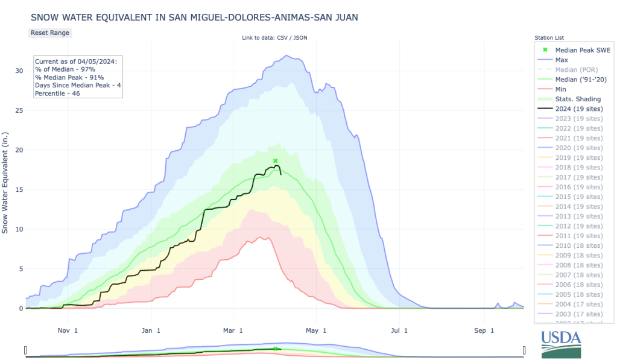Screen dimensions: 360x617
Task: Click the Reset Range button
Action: (x=50, y=33)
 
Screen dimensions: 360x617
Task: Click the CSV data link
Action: (x=281, y=38)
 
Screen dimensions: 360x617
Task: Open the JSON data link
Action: (x=299, y=38)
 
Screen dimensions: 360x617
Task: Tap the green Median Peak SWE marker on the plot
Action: (x=275, y=161)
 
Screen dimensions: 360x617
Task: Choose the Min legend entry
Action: (x=560, y=89)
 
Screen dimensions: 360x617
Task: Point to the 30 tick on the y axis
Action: (x=18, y=71)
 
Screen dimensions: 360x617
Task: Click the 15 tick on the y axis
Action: (x=18, y=189)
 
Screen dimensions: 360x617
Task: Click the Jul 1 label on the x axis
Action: (x=399, y=330)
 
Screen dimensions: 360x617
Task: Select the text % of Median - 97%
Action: (x=69, y=69)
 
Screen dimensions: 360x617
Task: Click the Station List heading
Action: (x=549, y=38)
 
